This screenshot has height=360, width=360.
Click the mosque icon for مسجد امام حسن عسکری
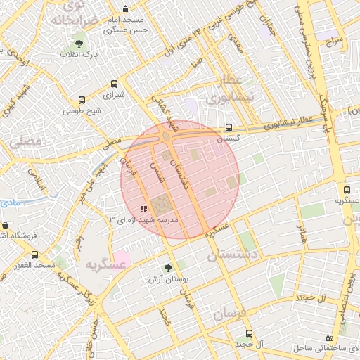[125, 10]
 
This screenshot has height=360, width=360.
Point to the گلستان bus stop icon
[229, 128]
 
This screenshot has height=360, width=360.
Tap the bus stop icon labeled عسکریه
[347, 190]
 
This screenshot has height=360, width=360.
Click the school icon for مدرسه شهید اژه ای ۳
[143, 209]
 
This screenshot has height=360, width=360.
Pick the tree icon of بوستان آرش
[167, 268]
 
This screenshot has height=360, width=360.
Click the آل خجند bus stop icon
[248, 333]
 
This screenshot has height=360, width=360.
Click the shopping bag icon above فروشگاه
[5, 226]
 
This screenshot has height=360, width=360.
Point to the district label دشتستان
[231, 253]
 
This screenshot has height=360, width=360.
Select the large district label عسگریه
[105, 264]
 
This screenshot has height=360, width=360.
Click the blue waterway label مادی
[11, 202]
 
